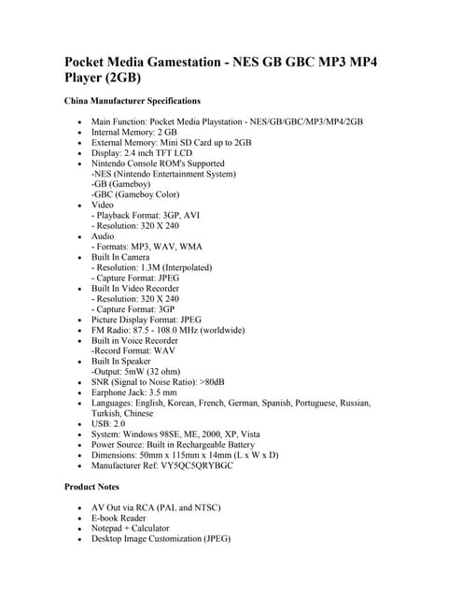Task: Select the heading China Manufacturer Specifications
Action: pyautogui.click(x=132, y=100)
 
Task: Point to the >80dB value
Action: pyautogui.click(x=223, y=381)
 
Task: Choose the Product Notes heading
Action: pyautogui.click(x=97, y=487)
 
